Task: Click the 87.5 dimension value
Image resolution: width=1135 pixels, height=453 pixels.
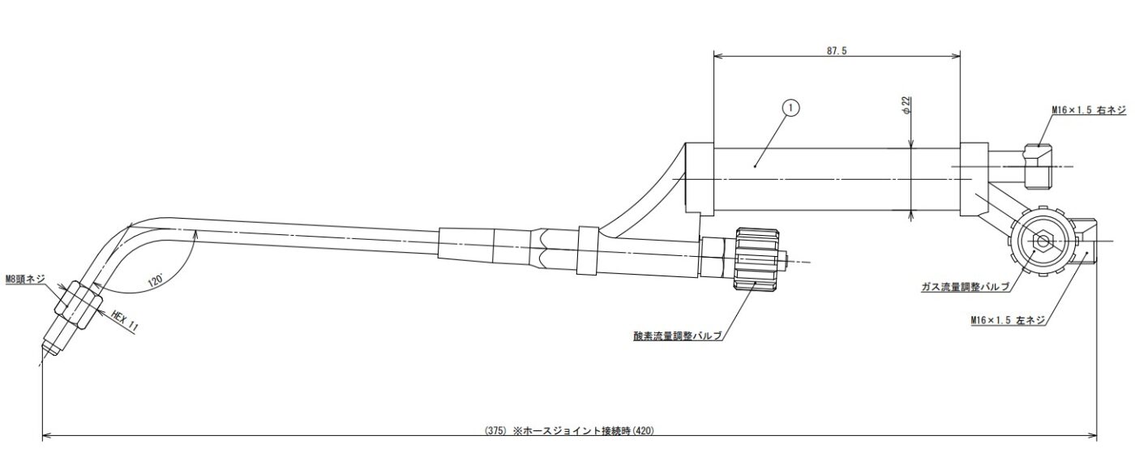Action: pos(837,50)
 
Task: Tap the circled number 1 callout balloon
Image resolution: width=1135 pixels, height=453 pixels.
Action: pos(790,107)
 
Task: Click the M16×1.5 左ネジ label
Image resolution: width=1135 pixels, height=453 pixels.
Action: pos(1008,321)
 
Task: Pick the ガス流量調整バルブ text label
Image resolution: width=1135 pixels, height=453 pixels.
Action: pos(965,287)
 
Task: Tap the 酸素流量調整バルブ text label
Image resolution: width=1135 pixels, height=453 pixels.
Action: pos(677,334)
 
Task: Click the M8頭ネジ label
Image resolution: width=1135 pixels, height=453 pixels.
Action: pos(26,280)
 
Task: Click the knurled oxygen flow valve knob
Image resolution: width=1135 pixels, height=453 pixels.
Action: pos(756,259)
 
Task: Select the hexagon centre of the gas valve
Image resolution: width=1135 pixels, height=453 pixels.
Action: pos(1042,241)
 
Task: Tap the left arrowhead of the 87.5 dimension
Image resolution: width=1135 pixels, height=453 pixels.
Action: pos(717,56)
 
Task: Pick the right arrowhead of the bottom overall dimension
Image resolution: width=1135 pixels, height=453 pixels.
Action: pos(1095,437)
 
